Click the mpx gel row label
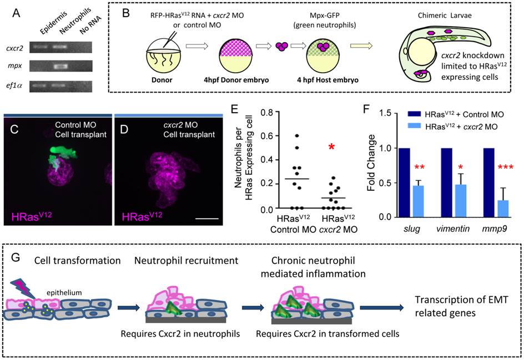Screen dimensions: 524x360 point(15,65)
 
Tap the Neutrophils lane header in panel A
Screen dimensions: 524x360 point(75,21)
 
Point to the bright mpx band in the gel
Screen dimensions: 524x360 point(61,67)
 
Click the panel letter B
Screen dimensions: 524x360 point(125,14)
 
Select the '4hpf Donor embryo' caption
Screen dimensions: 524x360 point(236,80)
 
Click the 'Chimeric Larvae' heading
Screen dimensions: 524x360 point(445,16)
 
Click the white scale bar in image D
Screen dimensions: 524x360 point(206,219)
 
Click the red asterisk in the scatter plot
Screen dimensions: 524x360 point(331,147)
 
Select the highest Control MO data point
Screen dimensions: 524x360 point(296,135)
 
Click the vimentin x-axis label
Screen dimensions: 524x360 point(453,229)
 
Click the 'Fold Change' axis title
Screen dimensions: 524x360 point(371,163)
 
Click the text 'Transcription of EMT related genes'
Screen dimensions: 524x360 point(461,306)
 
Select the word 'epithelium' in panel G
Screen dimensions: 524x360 point(64,292)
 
